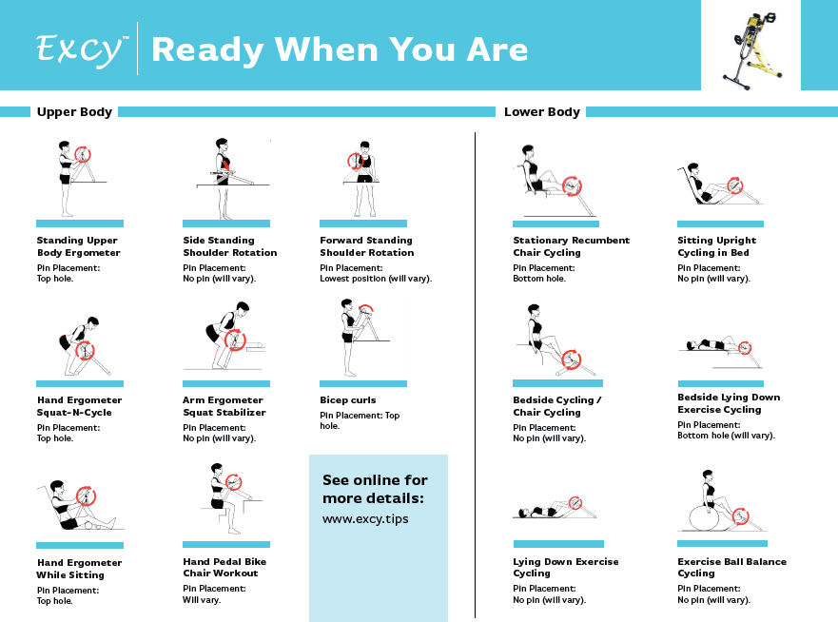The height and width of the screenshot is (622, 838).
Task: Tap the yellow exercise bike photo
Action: pos(752,50)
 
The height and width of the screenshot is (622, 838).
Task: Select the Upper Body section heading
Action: pos(74,111)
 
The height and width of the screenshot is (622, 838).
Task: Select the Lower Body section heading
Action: pos(542,111)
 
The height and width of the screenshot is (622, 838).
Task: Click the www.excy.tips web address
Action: pos(365,519)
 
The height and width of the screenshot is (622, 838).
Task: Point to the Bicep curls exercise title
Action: pos(348,399)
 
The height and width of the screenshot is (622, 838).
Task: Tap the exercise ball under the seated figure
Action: pos(705,516)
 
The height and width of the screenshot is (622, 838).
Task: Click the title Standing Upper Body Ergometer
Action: pos(79,246)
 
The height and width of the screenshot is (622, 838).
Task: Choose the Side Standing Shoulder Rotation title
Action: pos(230,246)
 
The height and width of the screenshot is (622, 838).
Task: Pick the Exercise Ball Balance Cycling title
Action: pos(732,567)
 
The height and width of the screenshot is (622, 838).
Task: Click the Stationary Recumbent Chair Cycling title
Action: pos(572,246)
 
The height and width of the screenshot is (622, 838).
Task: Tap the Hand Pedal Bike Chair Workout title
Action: pos(224,567)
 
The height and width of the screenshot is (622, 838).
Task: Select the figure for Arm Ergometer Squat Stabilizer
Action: pos(227,336)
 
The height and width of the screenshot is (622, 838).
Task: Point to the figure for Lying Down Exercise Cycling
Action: pos(555,508)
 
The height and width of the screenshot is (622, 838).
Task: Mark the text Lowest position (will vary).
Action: pos(376,279)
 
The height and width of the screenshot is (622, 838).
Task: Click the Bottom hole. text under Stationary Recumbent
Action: pos(539,279)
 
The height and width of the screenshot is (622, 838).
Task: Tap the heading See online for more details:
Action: pos(375,489)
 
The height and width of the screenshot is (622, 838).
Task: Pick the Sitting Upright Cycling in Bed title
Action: pos(716,246)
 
